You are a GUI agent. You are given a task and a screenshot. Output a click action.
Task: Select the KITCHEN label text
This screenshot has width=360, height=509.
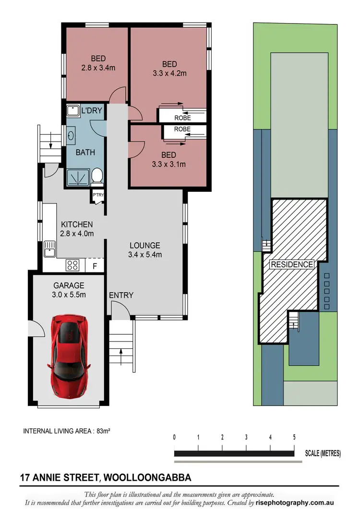[x=77, y=224]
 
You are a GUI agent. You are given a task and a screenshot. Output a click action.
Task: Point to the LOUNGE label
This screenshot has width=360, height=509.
[x=144, y=245]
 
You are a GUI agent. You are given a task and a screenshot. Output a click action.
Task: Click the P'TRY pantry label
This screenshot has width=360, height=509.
[x=98, y=194]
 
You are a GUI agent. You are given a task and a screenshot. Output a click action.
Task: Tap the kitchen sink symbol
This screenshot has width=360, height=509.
[x=49, y=249]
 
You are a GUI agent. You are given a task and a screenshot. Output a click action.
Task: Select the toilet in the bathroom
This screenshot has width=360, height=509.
[x=97, y=177]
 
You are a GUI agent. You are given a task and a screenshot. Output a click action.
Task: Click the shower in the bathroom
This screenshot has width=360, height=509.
[x=77, y=178]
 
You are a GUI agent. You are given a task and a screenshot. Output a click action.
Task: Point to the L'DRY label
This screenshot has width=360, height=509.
[x=91, y=111]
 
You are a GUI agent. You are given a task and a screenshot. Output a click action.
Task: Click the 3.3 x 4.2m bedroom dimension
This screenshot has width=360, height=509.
[x=169, y=73]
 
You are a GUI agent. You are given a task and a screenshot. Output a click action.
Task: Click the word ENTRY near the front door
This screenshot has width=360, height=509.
[x=121, y=295]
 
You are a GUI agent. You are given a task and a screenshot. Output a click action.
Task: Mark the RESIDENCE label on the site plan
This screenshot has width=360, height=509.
[x=292, y=264]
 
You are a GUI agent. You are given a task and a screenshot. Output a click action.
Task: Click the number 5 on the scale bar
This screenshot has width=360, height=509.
[x=294, y=437]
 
